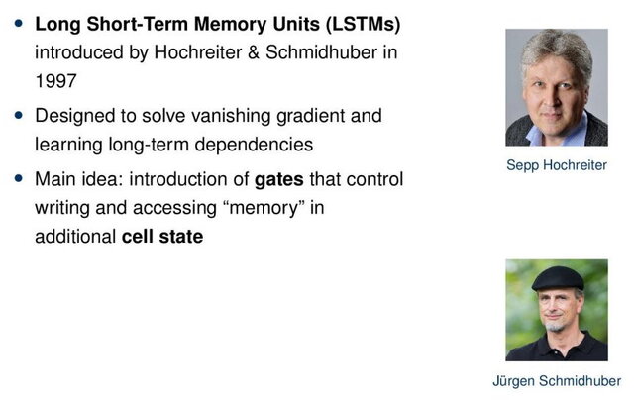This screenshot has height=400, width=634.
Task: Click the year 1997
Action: pos(54,77)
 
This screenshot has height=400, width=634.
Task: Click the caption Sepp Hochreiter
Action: pos(556,165)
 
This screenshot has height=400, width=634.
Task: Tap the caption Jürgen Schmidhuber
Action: pos(556,381)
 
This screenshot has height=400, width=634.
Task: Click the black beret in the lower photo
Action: pos(557,278)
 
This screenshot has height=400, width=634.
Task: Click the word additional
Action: pos(75,237)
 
